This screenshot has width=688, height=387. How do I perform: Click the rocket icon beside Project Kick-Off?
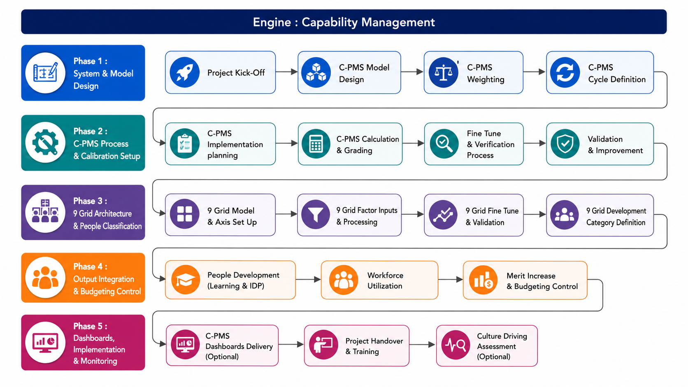pyautogui.click(x=185, y=72)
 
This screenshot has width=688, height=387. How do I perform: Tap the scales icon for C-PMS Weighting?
pyautogui.click(x=443, y=72)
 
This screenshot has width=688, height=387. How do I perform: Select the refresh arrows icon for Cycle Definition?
pyautogui.click(x=565, y=72)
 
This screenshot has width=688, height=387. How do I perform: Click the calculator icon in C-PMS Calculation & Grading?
pyautogui.click(x=316, y=144)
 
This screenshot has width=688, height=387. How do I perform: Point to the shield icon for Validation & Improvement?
pyautogui.click(x=565, y=144)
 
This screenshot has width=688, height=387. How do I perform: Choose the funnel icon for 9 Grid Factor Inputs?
pyautogui.click(x=316, y=215)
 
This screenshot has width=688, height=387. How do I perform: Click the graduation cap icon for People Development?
pyautogui.click(x=186, y=280)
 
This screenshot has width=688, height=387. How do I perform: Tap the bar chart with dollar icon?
pyautogui.click(x=483, y=280)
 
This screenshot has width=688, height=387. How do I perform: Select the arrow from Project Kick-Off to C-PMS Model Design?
pyautogui.click(x=286, y=72)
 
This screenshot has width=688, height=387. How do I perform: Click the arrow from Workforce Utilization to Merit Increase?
pyautogui.click(x=451, y=279)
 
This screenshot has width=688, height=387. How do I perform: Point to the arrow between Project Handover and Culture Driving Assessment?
pyautogui.click(x=422, y=345)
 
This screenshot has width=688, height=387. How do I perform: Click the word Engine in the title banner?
pyautogui.click(x=272, y=22)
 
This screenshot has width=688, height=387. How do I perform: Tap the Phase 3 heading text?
pyautogui.click(x=90, y=201)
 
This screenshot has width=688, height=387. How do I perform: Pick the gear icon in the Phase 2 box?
pyautogui.click(x=45, y=143)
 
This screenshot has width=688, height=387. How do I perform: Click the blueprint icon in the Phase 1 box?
pyautogui.click(x=45, y=73)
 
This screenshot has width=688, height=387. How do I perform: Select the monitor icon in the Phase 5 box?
pyautogui.click(x=45, y=343)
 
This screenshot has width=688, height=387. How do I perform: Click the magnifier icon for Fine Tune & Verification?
pyautogui.click(x=444, y=144)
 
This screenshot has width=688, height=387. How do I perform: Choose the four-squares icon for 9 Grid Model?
pyautogui.click(x=185, y=214)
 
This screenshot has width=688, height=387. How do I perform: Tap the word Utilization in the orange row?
pyautogui.click(x=385, y=286)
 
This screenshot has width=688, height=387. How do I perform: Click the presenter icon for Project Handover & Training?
pyautogui.click(x=323, y=345)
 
